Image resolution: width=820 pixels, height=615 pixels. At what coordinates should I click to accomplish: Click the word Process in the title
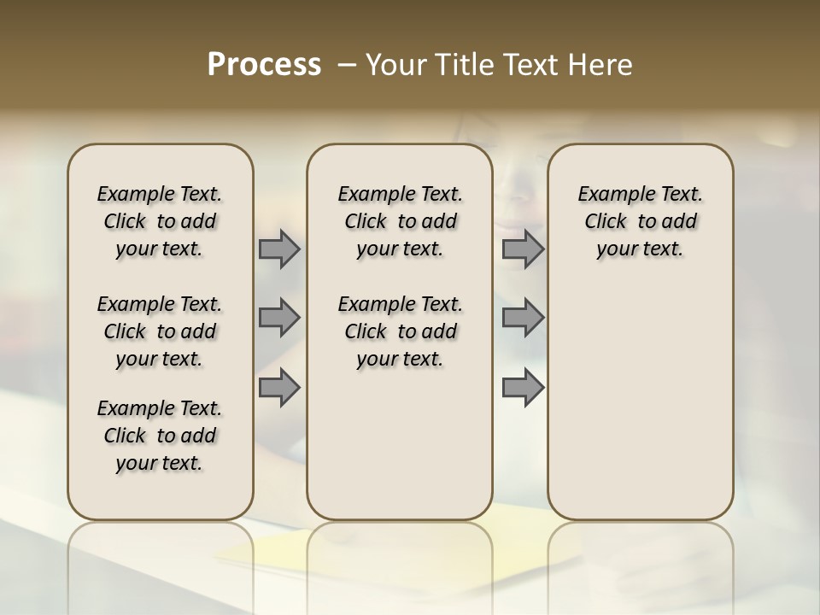pos(264,65)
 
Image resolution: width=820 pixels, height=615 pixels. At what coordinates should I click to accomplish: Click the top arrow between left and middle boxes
pos(279,249)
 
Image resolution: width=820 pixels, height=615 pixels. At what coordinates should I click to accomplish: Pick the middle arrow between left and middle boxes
pos(279,318)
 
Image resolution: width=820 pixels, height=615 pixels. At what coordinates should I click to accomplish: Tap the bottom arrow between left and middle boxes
pos(279,388)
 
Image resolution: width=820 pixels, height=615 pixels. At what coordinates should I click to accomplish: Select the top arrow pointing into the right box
pos(523,249)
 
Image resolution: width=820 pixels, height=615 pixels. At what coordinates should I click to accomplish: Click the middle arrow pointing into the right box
pos(523,318)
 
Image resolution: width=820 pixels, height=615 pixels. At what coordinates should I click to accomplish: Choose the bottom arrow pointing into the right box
pos(523,388)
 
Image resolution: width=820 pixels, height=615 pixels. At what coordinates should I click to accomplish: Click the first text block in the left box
pos(160,221)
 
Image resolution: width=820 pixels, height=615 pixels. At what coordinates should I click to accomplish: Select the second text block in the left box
pos(160,331)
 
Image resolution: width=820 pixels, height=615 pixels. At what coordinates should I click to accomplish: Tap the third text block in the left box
pos(160,436)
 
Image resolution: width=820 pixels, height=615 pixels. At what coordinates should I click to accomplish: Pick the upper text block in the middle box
pos(400,221)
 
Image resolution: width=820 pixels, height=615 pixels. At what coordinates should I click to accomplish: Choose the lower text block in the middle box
pos(400,331)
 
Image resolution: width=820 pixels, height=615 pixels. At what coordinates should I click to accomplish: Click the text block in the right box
pos(640,221)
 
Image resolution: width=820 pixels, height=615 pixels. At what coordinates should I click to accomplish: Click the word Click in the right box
pos(606,222)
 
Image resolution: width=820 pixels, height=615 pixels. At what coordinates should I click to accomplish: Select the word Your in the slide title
pos(394,65)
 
